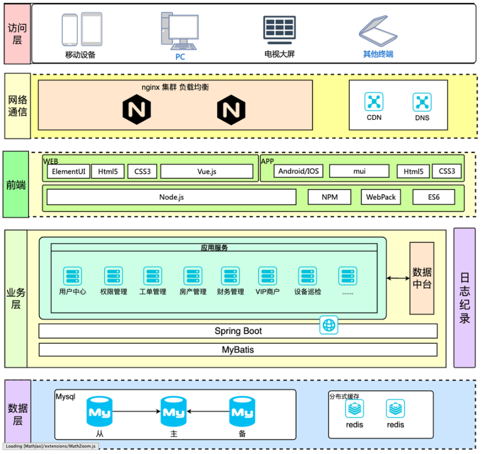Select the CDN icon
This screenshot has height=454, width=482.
click(x=373, y=101)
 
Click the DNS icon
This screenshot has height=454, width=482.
click(x=422, y=101)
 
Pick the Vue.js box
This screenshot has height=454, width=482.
click(x=207, y=171)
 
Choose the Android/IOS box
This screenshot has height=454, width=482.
click(x=298, y=171)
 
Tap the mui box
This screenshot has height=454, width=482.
click(x=359, y=171)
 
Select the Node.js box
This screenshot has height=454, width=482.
click(x=171, y=197)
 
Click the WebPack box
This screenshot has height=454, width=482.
click(x=381, y=197)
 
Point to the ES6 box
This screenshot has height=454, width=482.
click(x=433, y=197)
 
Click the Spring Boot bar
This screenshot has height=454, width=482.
click(x=238, y=331)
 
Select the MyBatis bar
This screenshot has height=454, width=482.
click(x=238, y=350)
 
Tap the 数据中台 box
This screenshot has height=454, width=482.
click(x=422, y=279)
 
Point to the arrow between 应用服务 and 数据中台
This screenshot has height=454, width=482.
click(x=398, y=279)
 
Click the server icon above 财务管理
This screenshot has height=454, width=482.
click(x=230, y=276)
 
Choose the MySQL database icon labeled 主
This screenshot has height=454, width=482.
click(x=173, y=413)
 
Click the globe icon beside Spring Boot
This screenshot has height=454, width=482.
click(x=329, y=325)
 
